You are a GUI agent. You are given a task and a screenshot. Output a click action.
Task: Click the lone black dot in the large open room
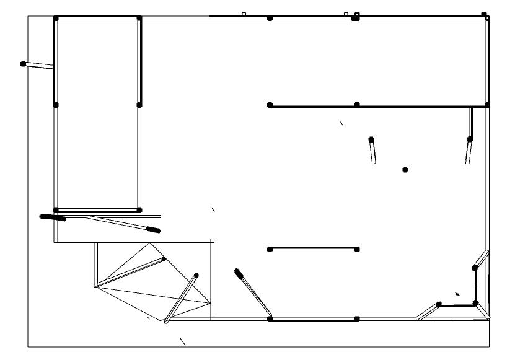405,169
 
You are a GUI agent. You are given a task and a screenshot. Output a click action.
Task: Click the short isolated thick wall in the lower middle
313,249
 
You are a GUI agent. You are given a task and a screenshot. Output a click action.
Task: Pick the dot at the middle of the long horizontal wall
357,105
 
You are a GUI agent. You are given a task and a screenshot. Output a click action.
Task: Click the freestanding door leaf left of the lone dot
373,151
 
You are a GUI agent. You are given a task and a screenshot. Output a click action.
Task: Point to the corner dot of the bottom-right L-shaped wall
475,303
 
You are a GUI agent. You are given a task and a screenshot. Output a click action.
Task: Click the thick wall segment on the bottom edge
313,319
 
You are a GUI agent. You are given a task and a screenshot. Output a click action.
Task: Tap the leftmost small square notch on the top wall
244,14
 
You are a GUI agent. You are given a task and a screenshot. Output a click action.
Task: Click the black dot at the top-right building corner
484,14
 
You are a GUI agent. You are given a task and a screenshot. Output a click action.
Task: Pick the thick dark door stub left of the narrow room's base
53,217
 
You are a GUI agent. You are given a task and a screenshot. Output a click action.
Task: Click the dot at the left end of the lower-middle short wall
270,250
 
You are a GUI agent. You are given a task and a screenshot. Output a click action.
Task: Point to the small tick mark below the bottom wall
182,340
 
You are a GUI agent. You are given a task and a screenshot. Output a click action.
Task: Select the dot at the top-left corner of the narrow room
56,19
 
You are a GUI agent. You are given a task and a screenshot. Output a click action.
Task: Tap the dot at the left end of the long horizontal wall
270,105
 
